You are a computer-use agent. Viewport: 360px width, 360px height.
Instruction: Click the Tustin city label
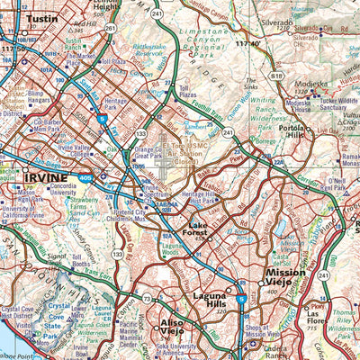coord(41,17)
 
